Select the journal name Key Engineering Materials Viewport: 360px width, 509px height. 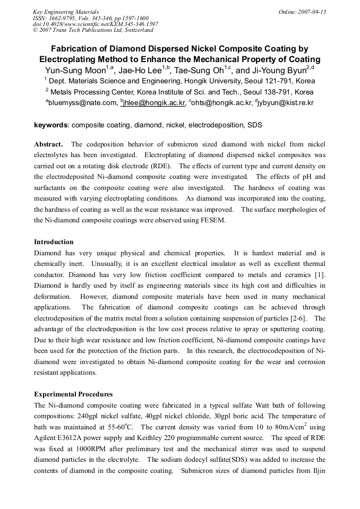point(66,12)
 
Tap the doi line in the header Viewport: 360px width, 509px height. point(95,24)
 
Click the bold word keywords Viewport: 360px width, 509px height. point(51,125)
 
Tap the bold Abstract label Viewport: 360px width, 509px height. point(48,144)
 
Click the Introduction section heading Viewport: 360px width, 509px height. point(54,241)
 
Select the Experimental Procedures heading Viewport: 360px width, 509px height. point(73,394)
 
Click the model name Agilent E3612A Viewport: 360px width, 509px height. point(58,438)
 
